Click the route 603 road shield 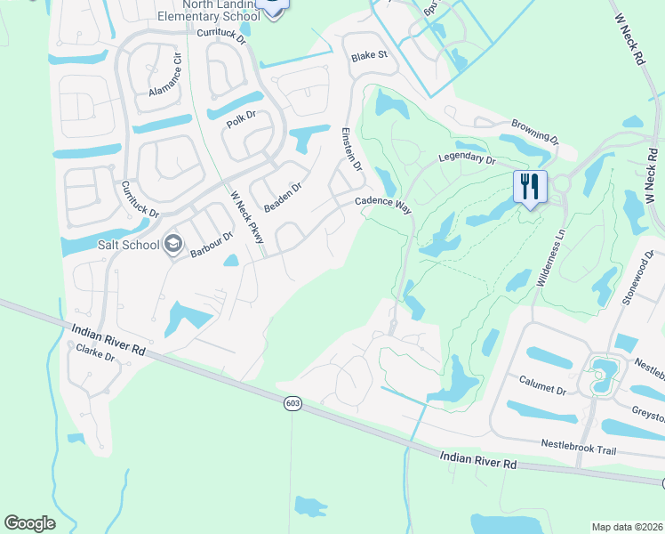pos(292,404)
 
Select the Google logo pos(29,523)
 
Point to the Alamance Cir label pos(165,75)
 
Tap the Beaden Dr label pos(283,198)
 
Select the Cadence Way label pos(383,204)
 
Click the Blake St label pos(370,55)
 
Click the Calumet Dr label pos(542,384)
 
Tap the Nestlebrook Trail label pos(579,448)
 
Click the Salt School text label pos(132,245)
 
